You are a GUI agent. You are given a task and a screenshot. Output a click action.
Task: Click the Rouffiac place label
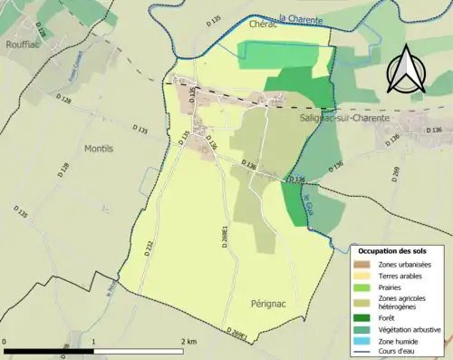(21, 43)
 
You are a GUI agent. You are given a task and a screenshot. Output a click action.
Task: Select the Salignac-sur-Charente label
(343, 118)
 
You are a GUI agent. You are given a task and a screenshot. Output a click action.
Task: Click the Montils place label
(98, 149)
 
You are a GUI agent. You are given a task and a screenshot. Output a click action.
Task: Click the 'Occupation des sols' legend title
(399, 250)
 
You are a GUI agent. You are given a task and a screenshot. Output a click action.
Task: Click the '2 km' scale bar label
(188, 341)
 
